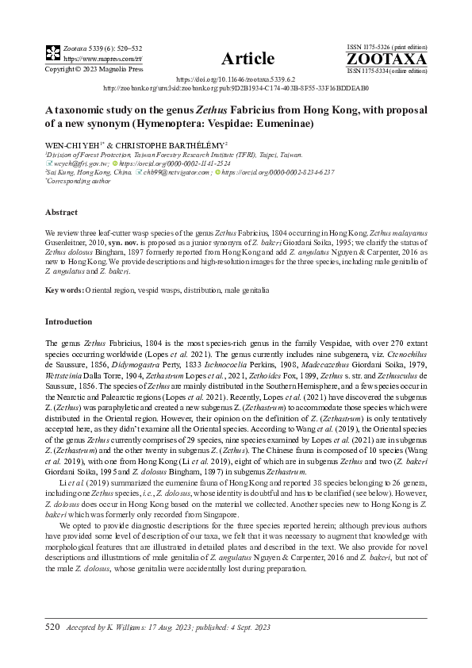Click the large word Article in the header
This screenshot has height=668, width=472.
pyautogui.click(x=248, y=58)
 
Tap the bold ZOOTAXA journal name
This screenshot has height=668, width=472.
pyautogui.click(x=386, y=60)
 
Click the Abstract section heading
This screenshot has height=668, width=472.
pyautogui.click(x=61, y=213)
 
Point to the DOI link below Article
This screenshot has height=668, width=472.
pyautogui.click(x=236, y=80)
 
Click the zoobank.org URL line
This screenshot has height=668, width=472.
pyautogui.click(x=236, y=89)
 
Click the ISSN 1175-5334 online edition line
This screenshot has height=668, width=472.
pyautogui.click(x=386, y=71)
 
